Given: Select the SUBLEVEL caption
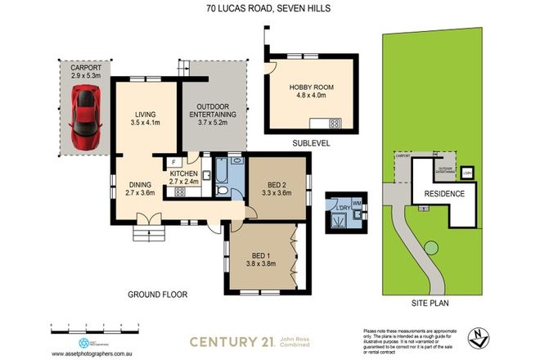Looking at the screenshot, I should [x=310, y=142].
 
